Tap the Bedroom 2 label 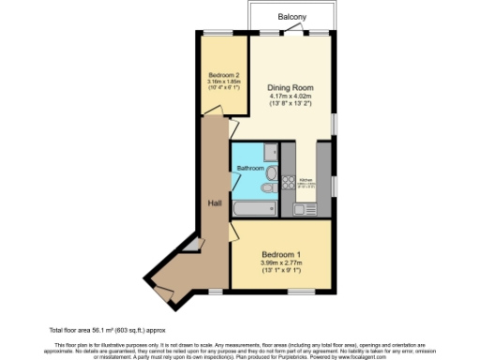(223, 74)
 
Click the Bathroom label (249, 169)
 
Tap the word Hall (213, 202)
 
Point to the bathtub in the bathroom (252, 208)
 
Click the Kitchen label (305, 180)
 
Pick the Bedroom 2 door (215, 113)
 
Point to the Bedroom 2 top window (225, 35)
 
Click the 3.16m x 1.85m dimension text (223, 82)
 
